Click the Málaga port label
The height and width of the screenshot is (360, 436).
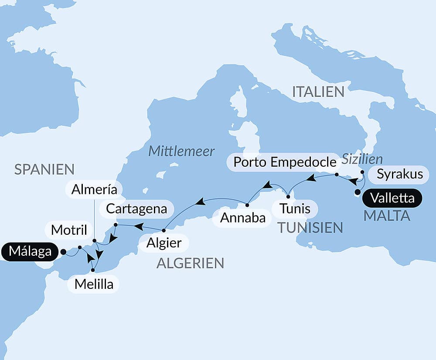pos(29,252)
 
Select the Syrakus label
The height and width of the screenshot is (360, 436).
pos(399,174)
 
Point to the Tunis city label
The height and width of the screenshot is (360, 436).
pos(295,209)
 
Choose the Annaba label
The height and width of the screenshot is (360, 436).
pos(243,218)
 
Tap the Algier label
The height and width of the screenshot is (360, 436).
pos(164,243)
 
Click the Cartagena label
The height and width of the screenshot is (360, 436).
pos(136,209)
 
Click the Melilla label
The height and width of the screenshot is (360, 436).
pos(94,285)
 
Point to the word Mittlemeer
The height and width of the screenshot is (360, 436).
pos(181,151)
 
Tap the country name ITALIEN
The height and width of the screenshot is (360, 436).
pos(318,92)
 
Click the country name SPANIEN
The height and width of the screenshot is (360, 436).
pos(44,169)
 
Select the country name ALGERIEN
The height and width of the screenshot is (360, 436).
pos(190,263)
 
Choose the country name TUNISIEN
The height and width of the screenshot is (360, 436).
pos(310,227)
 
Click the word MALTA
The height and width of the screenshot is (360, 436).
pos(387,216)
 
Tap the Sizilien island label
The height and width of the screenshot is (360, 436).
pos(362,159)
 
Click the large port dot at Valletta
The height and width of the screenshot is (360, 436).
pos(358,192)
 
